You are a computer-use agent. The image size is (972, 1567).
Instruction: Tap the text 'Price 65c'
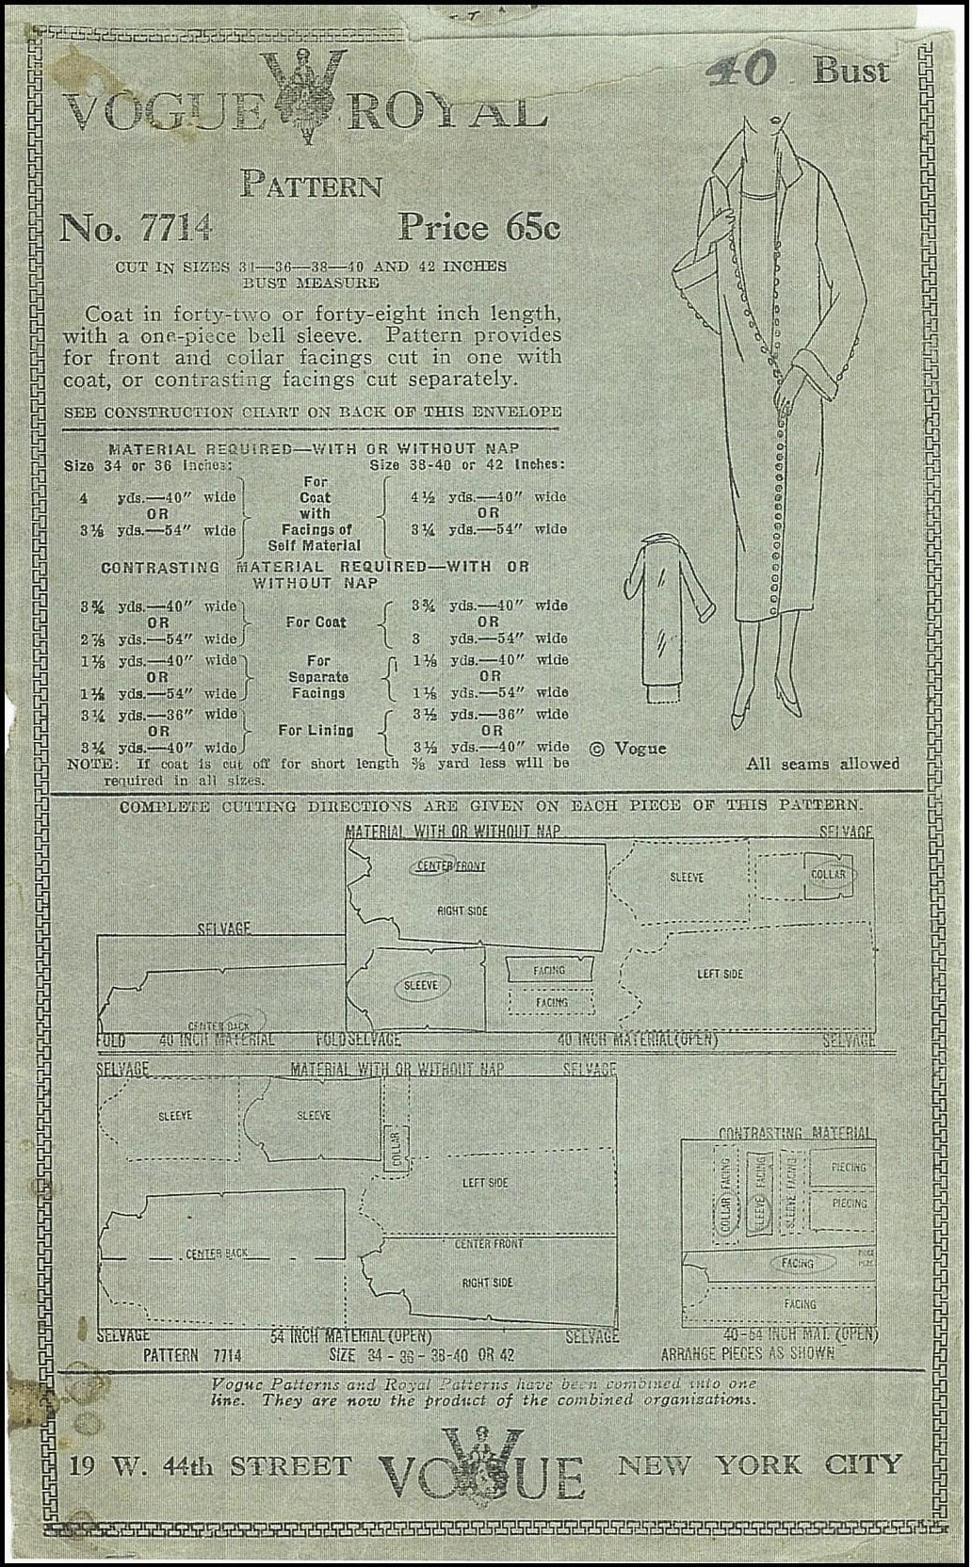[478, 227]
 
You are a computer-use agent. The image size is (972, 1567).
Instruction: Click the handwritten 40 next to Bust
[744, 69]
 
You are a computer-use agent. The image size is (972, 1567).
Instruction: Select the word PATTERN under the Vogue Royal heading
[312, 184]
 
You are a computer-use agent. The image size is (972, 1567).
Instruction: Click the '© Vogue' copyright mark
[628, 749]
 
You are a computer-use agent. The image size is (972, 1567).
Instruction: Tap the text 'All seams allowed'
[822, 764]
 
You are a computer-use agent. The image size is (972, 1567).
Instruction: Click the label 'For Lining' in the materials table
[316, 730]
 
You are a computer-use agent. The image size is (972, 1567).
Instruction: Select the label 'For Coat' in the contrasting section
[316, 622]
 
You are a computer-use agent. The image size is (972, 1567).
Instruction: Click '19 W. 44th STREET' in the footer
[209, 1466]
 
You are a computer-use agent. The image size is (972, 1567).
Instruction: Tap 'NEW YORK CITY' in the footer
[759, 1465]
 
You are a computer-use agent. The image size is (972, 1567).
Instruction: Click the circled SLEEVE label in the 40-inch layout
[421, 985]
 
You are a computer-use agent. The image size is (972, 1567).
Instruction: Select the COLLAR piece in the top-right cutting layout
[828, 875]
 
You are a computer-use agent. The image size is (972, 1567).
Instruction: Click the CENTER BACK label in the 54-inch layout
[217, 1253]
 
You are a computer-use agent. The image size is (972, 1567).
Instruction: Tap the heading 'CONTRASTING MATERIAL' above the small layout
[795, 1133]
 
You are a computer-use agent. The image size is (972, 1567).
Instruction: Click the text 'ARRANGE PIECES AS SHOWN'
[748, 1353]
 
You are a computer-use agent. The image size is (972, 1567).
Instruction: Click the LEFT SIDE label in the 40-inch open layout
[720, 974]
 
